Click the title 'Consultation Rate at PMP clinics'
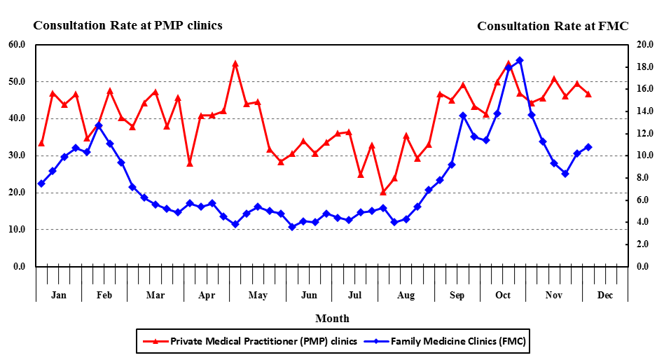[127, 25]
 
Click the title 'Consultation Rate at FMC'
[553, 26]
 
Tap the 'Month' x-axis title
[332, 318]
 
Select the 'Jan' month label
[59, 295]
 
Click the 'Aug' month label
[406, 295]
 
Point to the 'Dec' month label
[605, 295]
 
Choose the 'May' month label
[258, 295]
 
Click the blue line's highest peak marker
[520, 60]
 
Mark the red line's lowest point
[383, 192]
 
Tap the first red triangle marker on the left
[41, 143]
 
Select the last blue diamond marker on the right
[588, 147]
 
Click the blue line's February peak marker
[99, 125]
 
